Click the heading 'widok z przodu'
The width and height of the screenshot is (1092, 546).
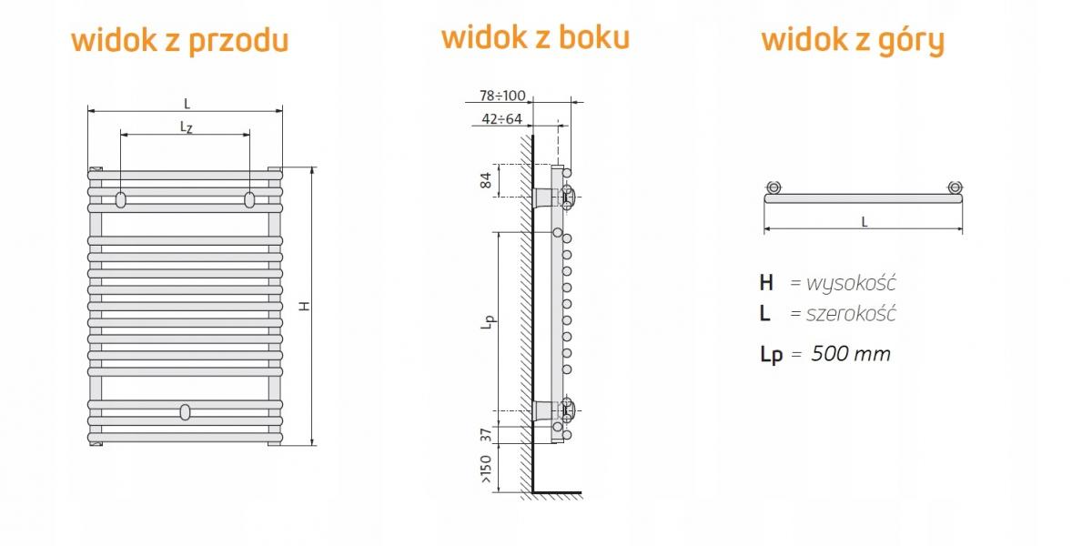[180, 41]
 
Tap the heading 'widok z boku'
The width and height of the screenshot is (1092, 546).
[535, 37]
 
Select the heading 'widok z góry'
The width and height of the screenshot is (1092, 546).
[853, 41]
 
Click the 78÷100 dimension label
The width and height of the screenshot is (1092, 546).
[502, 96]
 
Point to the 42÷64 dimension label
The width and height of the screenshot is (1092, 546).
[501, 119]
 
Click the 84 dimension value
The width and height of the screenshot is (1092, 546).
[486, 180]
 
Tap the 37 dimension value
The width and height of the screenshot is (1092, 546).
[486, 435]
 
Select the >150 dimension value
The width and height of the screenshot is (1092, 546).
[486, 469]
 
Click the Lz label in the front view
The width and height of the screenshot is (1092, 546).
[187, 127]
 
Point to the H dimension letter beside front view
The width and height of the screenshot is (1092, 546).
[305, 306]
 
